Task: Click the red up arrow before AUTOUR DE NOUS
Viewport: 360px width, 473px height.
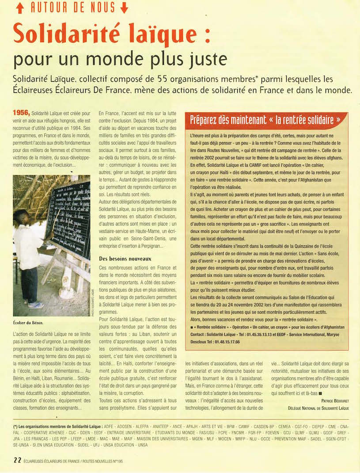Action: pos(19,8)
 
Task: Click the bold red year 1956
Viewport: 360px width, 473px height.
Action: pos(21,112)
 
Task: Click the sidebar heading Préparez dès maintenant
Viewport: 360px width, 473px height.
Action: pos(226,120)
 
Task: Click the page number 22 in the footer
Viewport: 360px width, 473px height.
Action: pos(17,460)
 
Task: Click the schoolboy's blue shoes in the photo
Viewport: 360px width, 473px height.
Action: pos(35,305)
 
